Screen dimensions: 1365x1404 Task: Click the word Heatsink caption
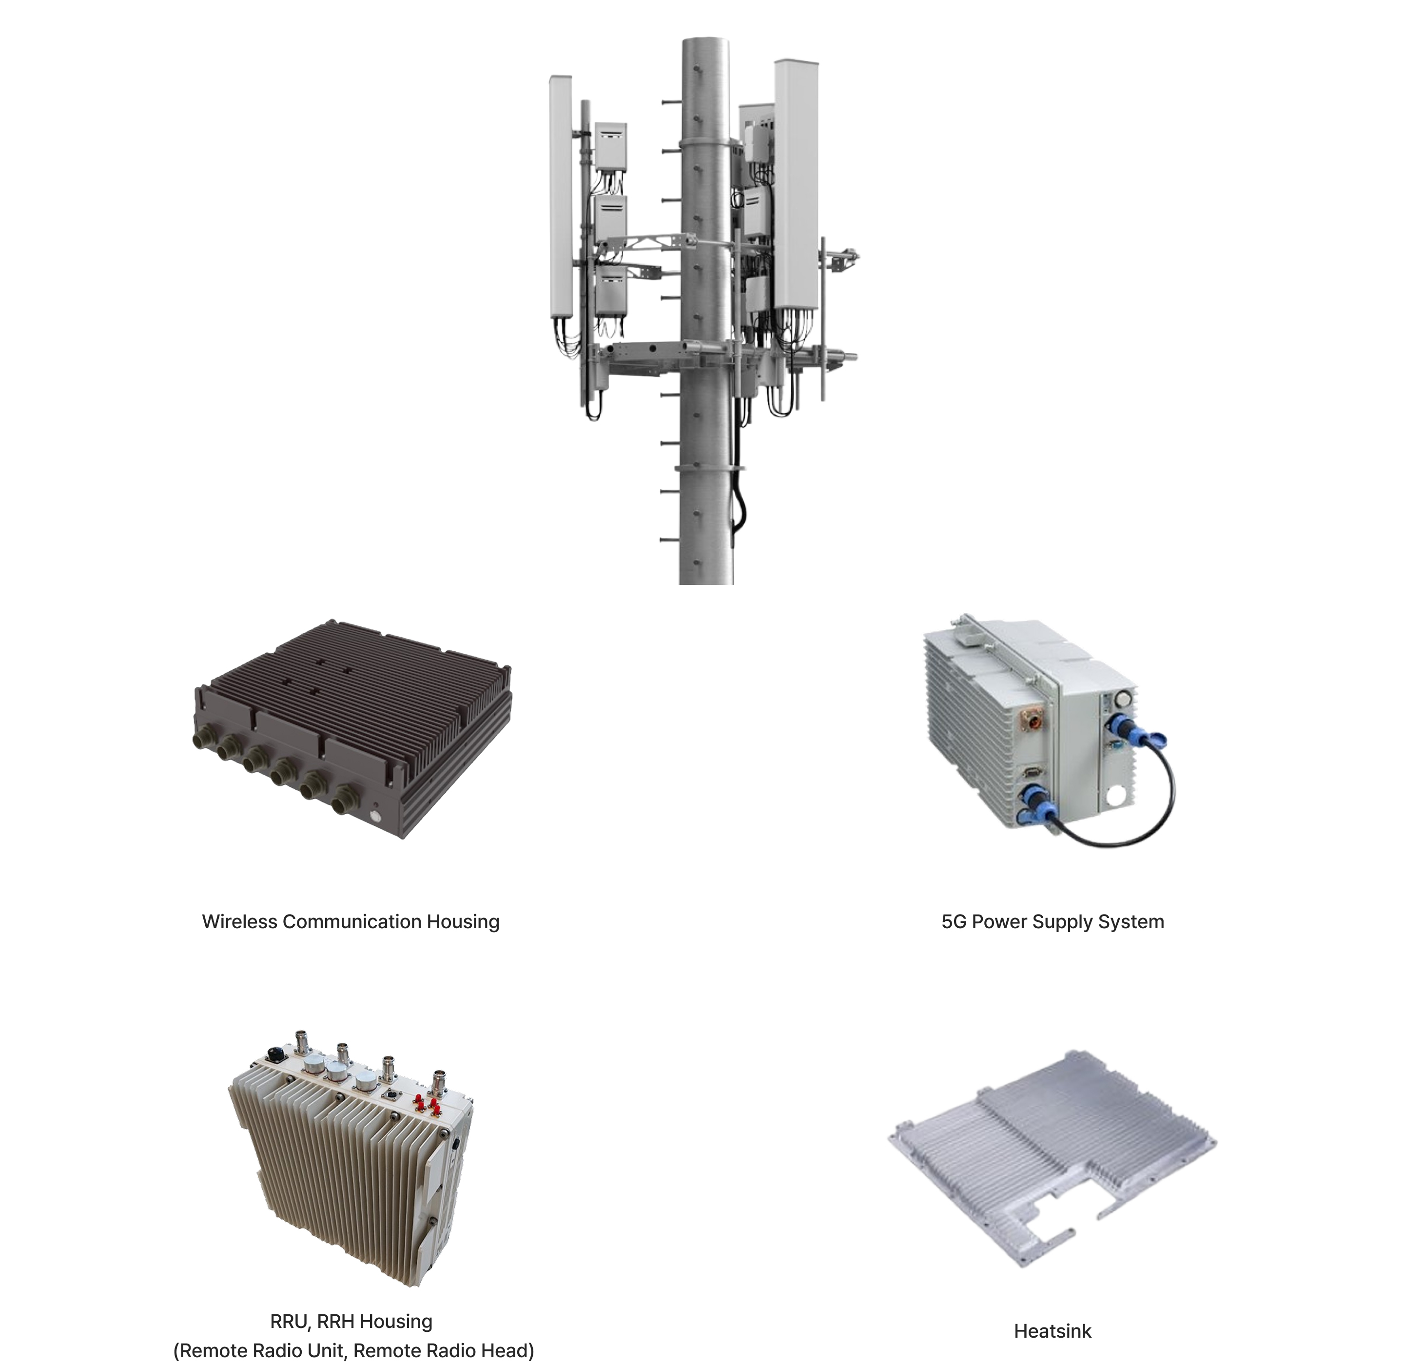click(x=1052, y=1331)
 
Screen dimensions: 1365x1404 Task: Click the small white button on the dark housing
click(x=374, y=817)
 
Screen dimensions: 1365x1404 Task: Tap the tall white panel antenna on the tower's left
click(x=560, y=197)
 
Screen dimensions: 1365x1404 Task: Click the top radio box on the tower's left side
click(x=610, y=146)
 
